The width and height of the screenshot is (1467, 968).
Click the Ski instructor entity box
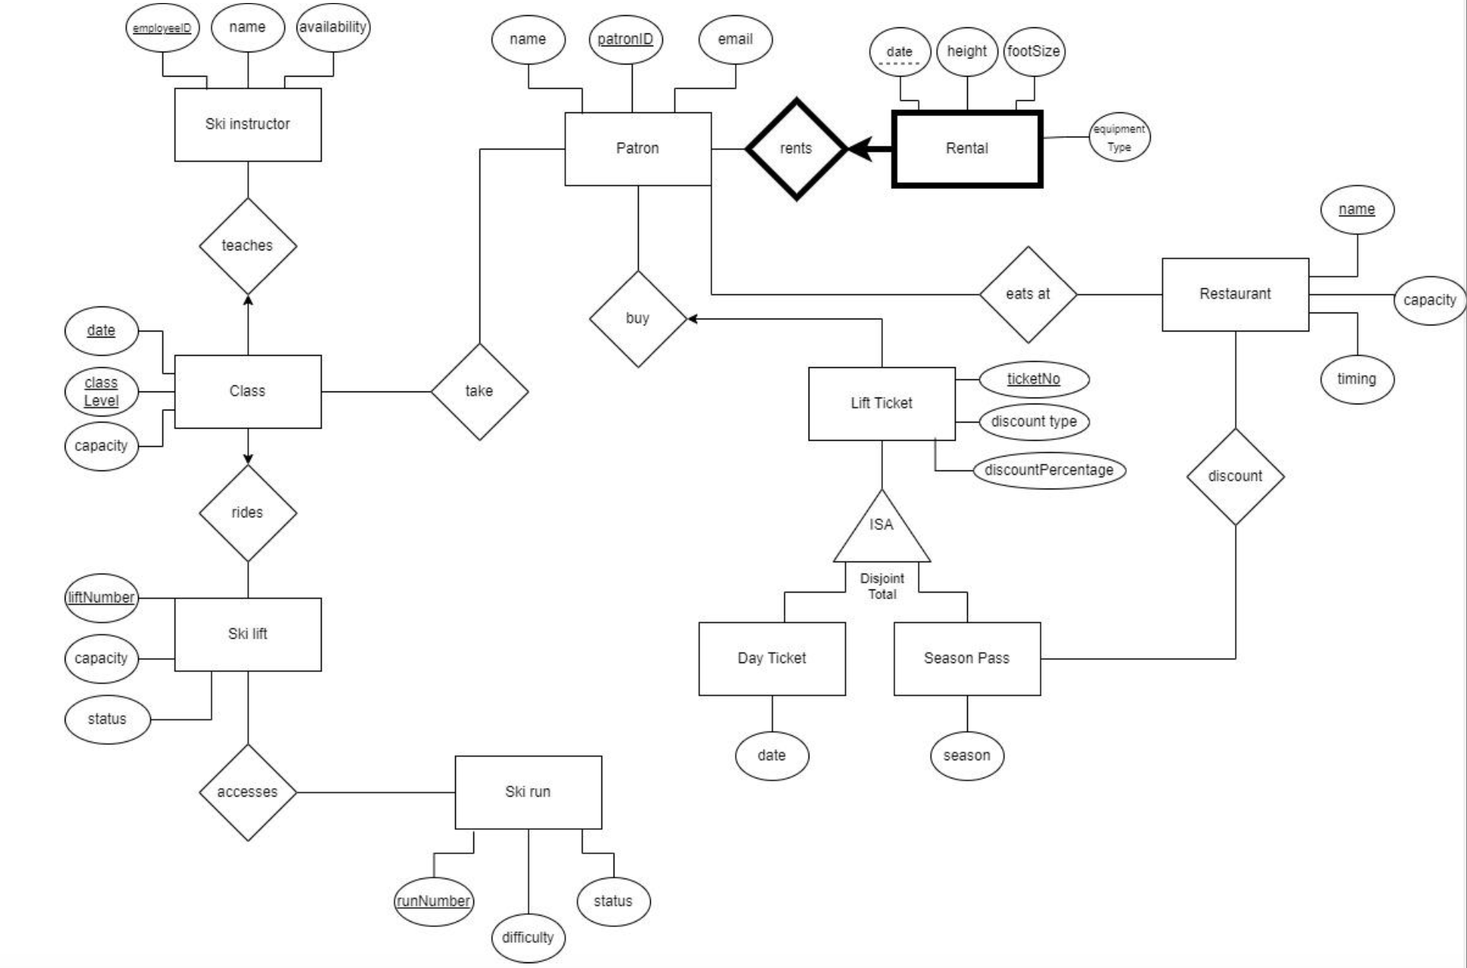coord(247,124)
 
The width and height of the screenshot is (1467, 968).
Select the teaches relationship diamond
coord(247,246)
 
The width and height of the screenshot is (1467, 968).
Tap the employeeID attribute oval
coord(162,28)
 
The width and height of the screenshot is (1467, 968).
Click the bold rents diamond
coord(796,149)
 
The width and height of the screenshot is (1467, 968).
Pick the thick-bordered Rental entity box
coord(967,149)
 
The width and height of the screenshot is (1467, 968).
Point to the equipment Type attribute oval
coord(1119,138)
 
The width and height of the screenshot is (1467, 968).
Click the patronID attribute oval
coord(625,39)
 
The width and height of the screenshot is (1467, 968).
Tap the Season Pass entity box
coord(967,658)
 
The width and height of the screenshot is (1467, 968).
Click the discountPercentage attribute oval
coord(1048,470)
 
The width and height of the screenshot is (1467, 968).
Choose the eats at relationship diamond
coord(1028,294)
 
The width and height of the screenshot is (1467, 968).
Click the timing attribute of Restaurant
coord(1356,379)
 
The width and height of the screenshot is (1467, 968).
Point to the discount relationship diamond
coord(1235,476)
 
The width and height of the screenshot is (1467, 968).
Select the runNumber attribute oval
coord(433,901)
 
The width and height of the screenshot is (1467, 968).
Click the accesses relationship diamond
coord(247,792)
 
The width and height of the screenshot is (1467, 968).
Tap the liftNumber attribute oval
coord(101,598)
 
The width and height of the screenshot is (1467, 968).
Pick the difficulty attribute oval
coord(528,938)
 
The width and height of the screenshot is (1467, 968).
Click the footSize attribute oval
coord(1033,52)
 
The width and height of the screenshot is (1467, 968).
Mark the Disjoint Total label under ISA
coord(881,586)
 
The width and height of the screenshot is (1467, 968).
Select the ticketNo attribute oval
coord(1033,379)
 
